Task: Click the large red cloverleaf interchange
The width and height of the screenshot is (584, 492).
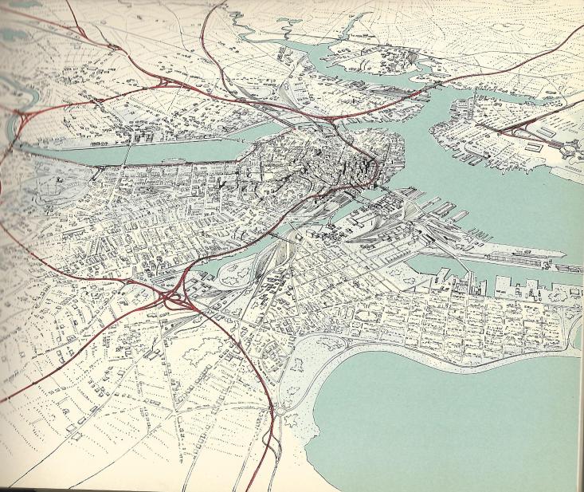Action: click(174, 301)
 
